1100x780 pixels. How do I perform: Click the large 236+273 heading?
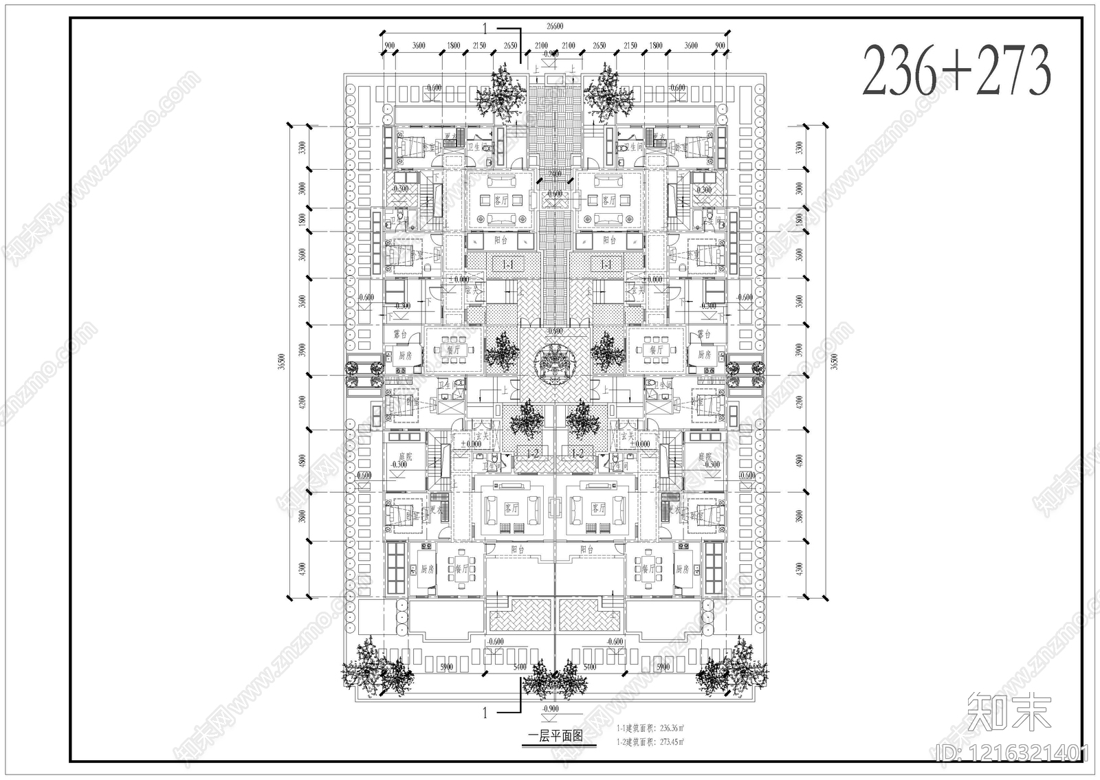click(956, 70)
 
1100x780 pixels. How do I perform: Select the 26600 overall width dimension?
click(555, 26)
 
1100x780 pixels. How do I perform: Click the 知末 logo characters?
click(1009, 711)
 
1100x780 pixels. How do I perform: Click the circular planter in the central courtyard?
click(555, 362)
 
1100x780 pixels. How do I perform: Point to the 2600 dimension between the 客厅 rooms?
click(555, 173)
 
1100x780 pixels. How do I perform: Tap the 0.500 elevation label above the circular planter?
click(555, 331)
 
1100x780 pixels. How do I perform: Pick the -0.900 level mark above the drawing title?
click(550, 709)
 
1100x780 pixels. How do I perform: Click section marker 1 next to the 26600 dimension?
click(485, 29)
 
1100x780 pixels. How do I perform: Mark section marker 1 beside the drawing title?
click(485, 713)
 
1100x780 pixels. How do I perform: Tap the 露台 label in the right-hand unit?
click(703, 334)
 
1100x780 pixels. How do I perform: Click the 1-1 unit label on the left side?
click(509, 264)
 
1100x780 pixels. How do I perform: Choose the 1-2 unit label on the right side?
click(577, 453)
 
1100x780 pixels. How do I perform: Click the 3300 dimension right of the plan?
click(798, 148)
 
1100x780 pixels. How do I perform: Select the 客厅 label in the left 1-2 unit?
click(511, 509)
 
